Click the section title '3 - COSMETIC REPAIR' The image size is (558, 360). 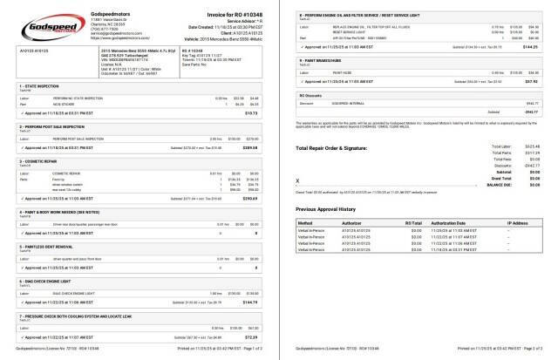click(x=39, y=161)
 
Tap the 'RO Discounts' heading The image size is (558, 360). click(x=311, y=93)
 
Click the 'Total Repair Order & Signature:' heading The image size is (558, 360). click(x=338, y=148)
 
